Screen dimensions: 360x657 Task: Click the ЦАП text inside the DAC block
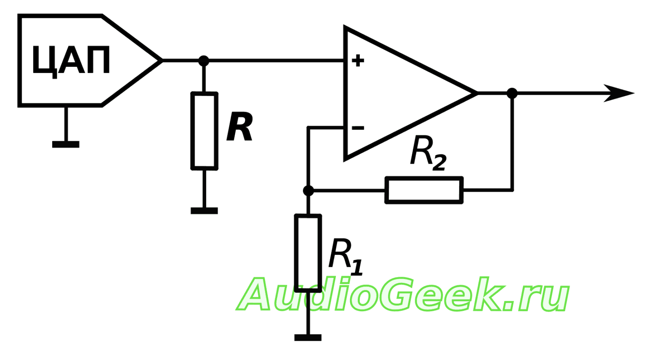coord(71,60)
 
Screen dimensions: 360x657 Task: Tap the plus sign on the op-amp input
coord(358,61)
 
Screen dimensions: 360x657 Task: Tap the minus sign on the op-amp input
coord(358,128)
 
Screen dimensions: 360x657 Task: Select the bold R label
coord(240,127)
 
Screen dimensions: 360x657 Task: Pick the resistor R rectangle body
coord(204,131)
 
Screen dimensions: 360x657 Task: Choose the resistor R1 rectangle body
coord(308,252)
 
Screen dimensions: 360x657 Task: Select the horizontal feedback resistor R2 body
coord(424,190)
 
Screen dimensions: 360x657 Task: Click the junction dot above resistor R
coord(204,61)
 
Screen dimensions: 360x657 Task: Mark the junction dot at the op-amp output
coord(512,93)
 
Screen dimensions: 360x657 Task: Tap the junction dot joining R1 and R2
coord(308,190)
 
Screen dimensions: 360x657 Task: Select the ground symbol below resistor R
coord(204,211)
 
